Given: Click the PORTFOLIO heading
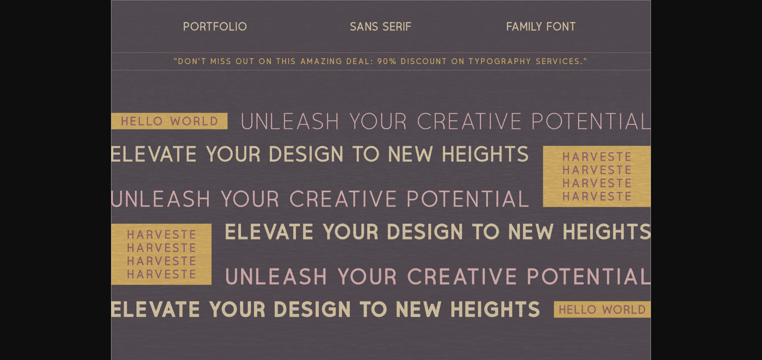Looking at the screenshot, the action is pyautogui.click(x=215, y=26).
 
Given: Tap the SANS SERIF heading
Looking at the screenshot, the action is pyautogui.click(x=380, y=26).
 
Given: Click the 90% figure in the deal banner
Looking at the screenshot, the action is pyautogui.click(x=387, y=61).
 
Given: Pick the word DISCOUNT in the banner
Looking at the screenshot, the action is pyautogui.click(x=423, y=61).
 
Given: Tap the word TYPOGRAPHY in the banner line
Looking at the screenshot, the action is pyautogui.click(x=500, y=61).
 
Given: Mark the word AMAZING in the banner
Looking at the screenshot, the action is pyautogui.click(x=321, y=61).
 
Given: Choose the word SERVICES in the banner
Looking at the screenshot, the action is pyautogui.click(x=559, y=61).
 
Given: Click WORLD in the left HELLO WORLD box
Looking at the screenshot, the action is pyautogui.click(x=194, y=121).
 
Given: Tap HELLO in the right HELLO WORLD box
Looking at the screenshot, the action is pyautogui.click(x=578, y=309).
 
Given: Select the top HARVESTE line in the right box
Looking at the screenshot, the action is pyautogui.click(x=597, y=157).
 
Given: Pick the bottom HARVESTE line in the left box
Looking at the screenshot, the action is pyautogui.click(x=161, y=274).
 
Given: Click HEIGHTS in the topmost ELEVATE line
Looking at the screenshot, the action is pyautogui.click(x=485, y=154).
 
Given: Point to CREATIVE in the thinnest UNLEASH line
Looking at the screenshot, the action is pyautogui.click(x=469, y=121).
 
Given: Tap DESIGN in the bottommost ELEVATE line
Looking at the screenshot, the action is pyautogui.click(x=312, y=309).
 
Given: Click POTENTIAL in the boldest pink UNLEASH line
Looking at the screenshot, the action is pyautogui.click(x=589, y=276).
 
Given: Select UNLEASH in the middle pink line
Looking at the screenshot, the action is pyautogui.click(x=161, y=199).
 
